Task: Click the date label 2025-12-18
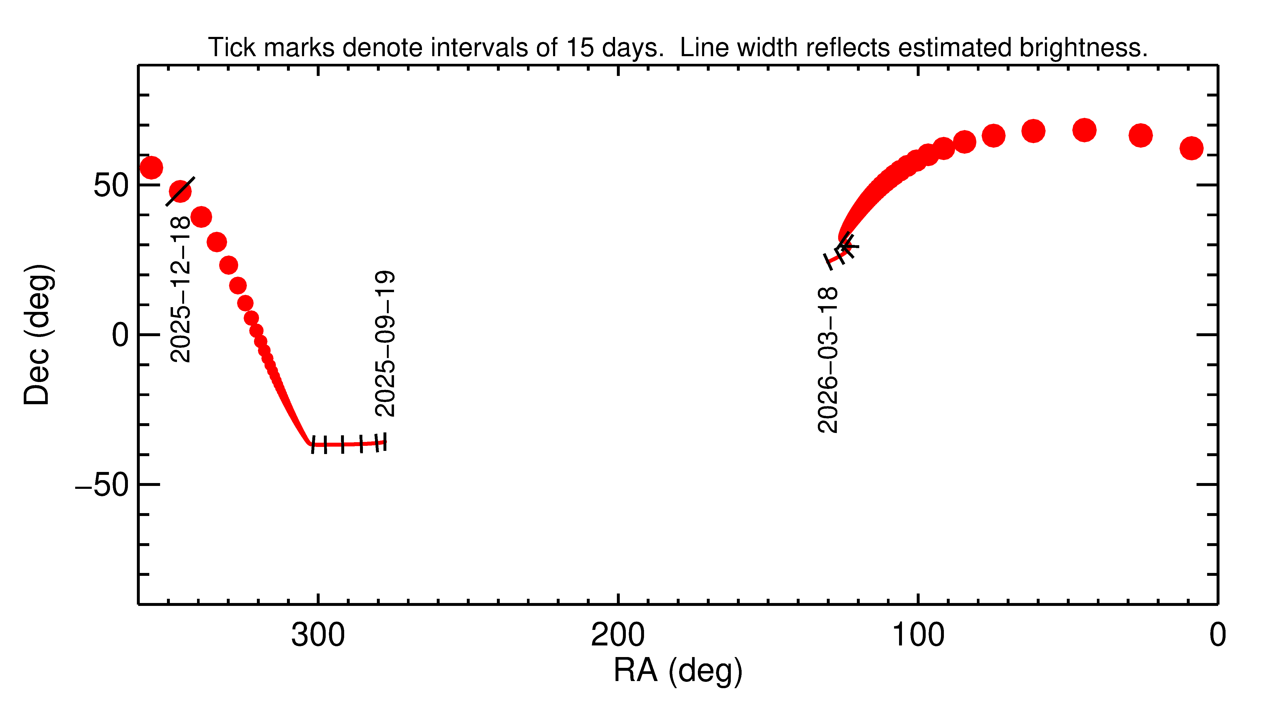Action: pyautogui.click(x=180, y=289)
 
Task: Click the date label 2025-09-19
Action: pyautogui.click(x=385, y=343)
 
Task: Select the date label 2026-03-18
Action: pyautogui.click(x=828, y=360)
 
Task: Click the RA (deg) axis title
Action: pyautogui.click(x=678, y=671)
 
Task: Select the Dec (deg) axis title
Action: pyautogui.click(x=37, y=334)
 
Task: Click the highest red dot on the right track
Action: pyautogui.click(x=1084, y=130)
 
